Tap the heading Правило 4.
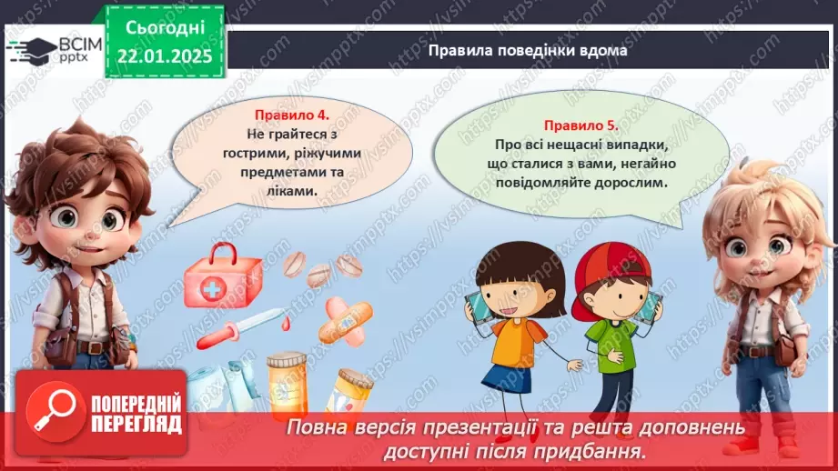[x=291, y=115]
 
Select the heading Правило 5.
[x=581, y=125]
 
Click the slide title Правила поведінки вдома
[x=528, y=51]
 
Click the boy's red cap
[x=619, y=264]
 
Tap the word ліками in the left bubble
[x=293, y=192]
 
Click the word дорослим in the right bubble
[x=629, y=182]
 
